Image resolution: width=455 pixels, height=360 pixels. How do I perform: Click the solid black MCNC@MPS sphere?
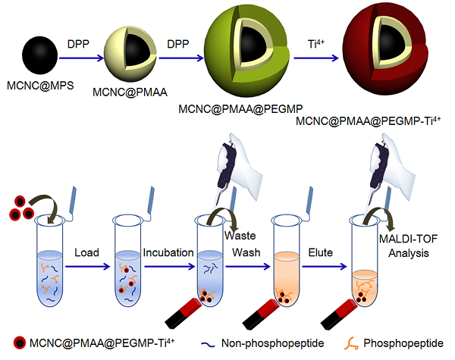pyautogui.click(x=39, y=55)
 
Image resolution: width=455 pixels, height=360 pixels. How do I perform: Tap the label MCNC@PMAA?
pyautogui.click(x=130, y=92)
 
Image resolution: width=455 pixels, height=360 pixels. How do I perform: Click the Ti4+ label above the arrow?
pyautogui.click(x=316, y=44)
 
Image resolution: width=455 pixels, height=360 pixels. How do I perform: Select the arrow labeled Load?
pyautogui.click(x=88, y=266)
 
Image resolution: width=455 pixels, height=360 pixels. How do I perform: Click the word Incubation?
pyautogui.click(x=168, y=252)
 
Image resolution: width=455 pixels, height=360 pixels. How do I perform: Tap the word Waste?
pyautogui.click(x=240, y=236)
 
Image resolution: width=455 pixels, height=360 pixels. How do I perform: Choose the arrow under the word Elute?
pyautogui.click(x=325, y=266)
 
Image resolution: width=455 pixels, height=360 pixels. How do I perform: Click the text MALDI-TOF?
pyautogui.click(x=408, y=239)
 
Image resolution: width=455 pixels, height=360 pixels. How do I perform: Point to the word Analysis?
pyautogui.click(x=409, y=253)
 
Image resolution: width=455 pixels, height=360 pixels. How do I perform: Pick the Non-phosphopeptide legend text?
pyautogui.click(x=272, y=343)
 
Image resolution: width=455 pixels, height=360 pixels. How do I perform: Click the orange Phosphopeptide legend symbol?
pyautogui.click(x=351, y=343)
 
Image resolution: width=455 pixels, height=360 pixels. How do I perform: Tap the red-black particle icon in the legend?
pyautogui.click(x=20, y=343)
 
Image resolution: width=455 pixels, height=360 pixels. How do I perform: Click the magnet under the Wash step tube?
pyautogui.click(x=183, y=313)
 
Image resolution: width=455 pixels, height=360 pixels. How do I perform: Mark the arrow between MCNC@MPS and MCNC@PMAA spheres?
pyautogui.click(x=81, y=58)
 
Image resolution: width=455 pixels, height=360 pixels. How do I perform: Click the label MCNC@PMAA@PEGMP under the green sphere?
pyautogui.click(x=240, y=109)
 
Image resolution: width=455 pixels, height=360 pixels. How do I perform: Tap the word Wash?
pyautogui.click(x=246, y=252)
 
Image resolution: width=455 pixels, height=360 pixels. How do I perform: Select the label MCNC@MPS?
pyautogui.click(x=40, y=86)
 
